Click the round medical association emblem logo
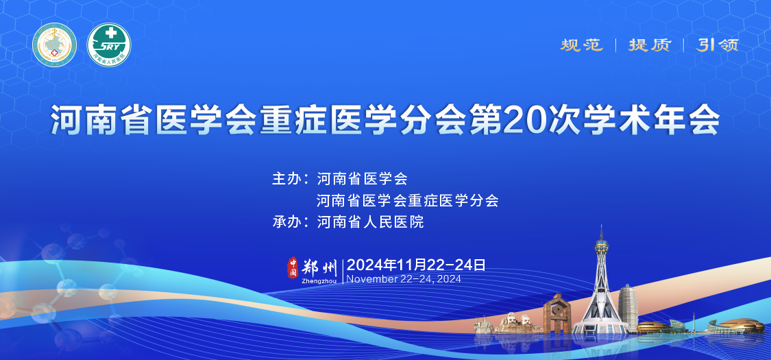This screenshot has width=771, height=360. [x=54, y=45]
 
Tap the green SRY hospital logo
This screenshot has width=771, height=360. [x=110, y=45]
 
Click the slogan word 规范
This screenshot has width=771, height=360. [x=582, y=45]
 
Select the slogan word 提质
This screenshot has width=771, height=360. [x=650, y=45]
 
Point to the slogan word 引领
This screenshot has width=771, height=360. [x=718, y=45]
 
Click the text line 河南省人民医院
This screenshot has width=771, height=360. [x=370, y=222]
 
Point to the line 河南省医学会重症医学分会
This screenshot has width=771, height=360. [x=407, y=201]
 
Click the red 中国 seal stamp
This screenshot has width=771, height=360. [x=293, y=267]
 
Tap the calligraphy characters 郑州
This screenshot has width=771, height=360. [x=319, y=267]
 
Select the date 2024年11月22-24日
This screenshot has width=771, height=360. [x=417, y=265]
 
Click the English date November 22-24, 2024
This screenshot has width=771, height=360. [x=404, y=279]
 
